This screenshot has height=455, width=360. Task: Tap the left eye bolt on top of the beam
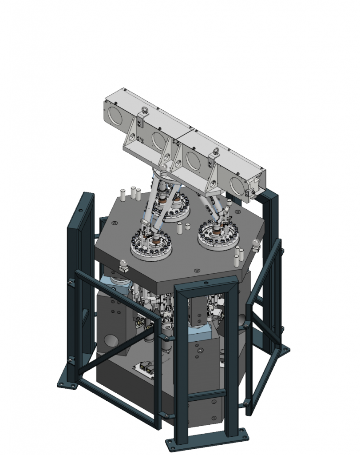click(x=143, y=111)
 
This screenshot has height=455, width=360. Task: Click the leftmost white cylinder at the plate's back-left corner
click(x=120, y=195)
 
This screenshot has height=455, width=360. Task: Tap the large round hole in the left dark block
click(x=110, y=343)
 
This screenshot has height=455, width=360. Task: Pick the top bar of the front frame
click(x=206, y=284)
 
